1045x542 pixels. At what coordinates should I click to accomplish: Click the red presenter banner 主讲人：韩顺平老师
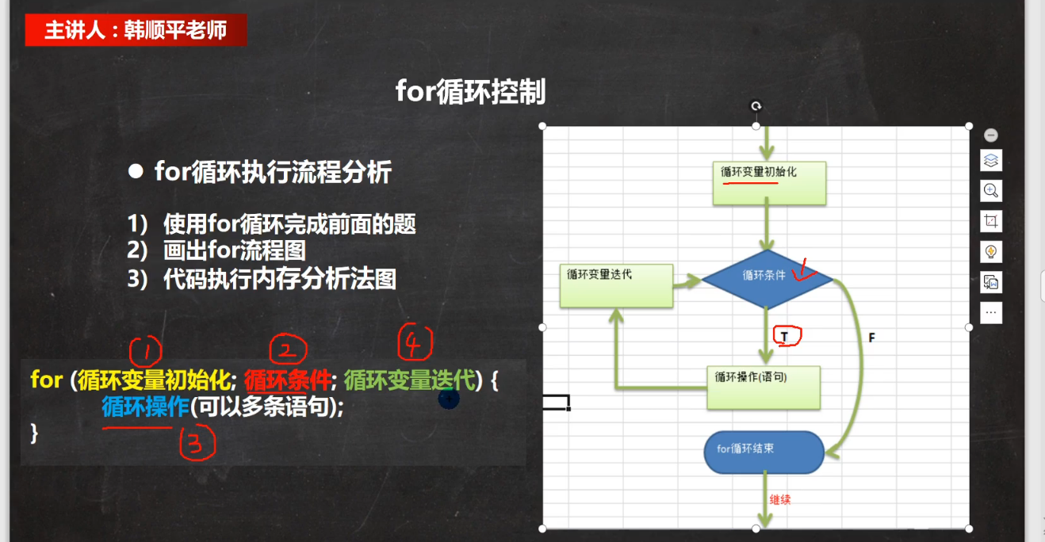pos(136,30)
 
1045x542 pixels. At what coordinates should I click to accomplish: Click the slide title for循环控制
pos(470,92)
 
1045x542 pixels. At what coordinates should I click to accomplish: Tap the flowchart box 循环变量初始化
pos(769,183)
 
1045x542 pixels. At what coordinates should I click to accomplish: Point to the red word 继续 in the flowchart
pos(780,500)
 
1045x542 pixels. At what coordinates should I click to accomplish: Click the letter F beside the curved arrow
pos(871,338)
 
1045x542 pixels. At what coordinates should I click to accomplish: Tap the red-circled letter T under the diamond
pos(787,336)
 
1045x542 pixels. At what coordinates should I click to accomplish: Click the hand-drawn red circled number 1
pos(146,351)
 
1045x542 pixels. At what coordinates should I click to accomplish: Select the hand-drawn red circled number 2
pos(288,349)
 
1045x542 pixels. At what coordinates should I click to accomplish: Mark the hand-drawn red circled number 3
pos(197,445)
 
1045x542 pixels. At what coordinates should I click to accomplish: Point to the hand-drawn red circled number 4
pos(415,343)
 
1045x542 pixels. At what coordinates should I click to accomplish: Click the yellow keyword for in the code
pos(46,380)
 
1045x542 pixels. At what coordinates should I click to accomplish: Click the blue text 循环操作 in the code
pos(145,406)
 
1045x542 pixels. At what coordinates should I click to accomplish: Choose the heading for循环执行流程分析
pos(273,172)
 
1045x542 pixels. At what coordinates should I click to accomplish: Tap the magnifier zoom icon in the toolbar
pos(991,190)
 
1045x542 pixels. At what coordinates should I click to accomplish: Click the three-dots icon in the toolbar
pos(991,312)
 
